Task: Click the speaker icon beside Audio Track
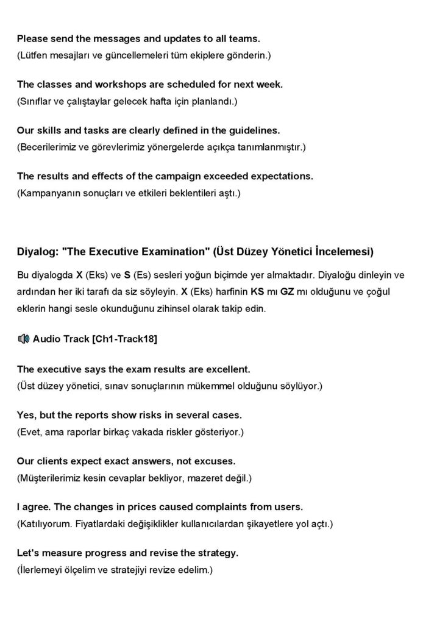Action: [x=23, y=339]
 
